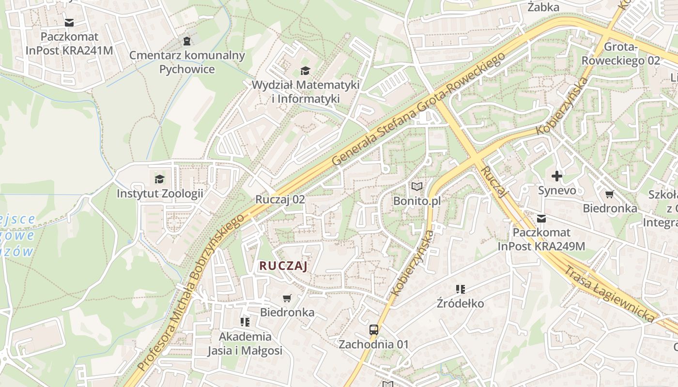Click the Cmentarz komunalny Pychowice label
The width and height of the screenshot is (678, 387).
tap(187, 62)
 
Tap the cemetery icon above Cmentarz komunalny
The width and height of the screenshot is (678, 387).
tap(187, 41)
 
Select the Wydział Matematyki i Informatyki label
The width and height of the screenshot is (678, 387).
tap(305, 91)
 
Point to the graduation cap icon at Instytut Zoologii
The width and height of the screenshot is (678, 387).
tap(159, 179)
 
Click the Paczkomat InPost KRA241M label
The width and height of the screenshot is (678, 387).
tap(69, 44)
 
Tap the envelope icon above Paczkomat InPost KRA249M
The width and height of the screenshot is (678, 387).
tap(541, 219)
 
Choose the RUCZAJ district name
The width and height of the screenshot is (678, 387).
tap(283, 266)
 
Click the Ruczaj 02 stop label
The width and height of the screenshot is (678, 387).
tap(280, 199)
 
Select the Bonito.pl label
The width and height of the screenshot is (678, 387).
tap(417, 200)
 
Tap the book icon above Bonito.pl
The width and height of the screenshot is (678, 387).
tap(417, 186)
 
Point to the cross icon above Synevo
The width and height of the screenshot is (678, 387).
tap(557, 176)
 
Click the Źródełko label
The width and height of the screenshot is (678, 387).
tap(460, 303)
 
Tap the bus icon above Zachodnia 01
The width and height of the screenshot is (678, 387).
tap(373, 330)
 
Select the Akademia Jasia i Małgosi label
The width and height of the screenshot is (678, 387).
tap(245, 343)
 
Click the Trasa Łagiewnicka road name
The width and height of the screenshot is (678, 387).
tap(608, 294)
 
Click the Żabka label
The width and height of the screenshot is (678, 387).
tap(543, 7)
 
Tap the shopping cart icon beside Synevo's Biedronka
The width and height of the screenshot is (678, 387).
tap(609, 194)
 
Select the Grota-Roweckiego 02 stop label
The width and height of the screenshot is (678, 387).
tap(620, 54)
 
